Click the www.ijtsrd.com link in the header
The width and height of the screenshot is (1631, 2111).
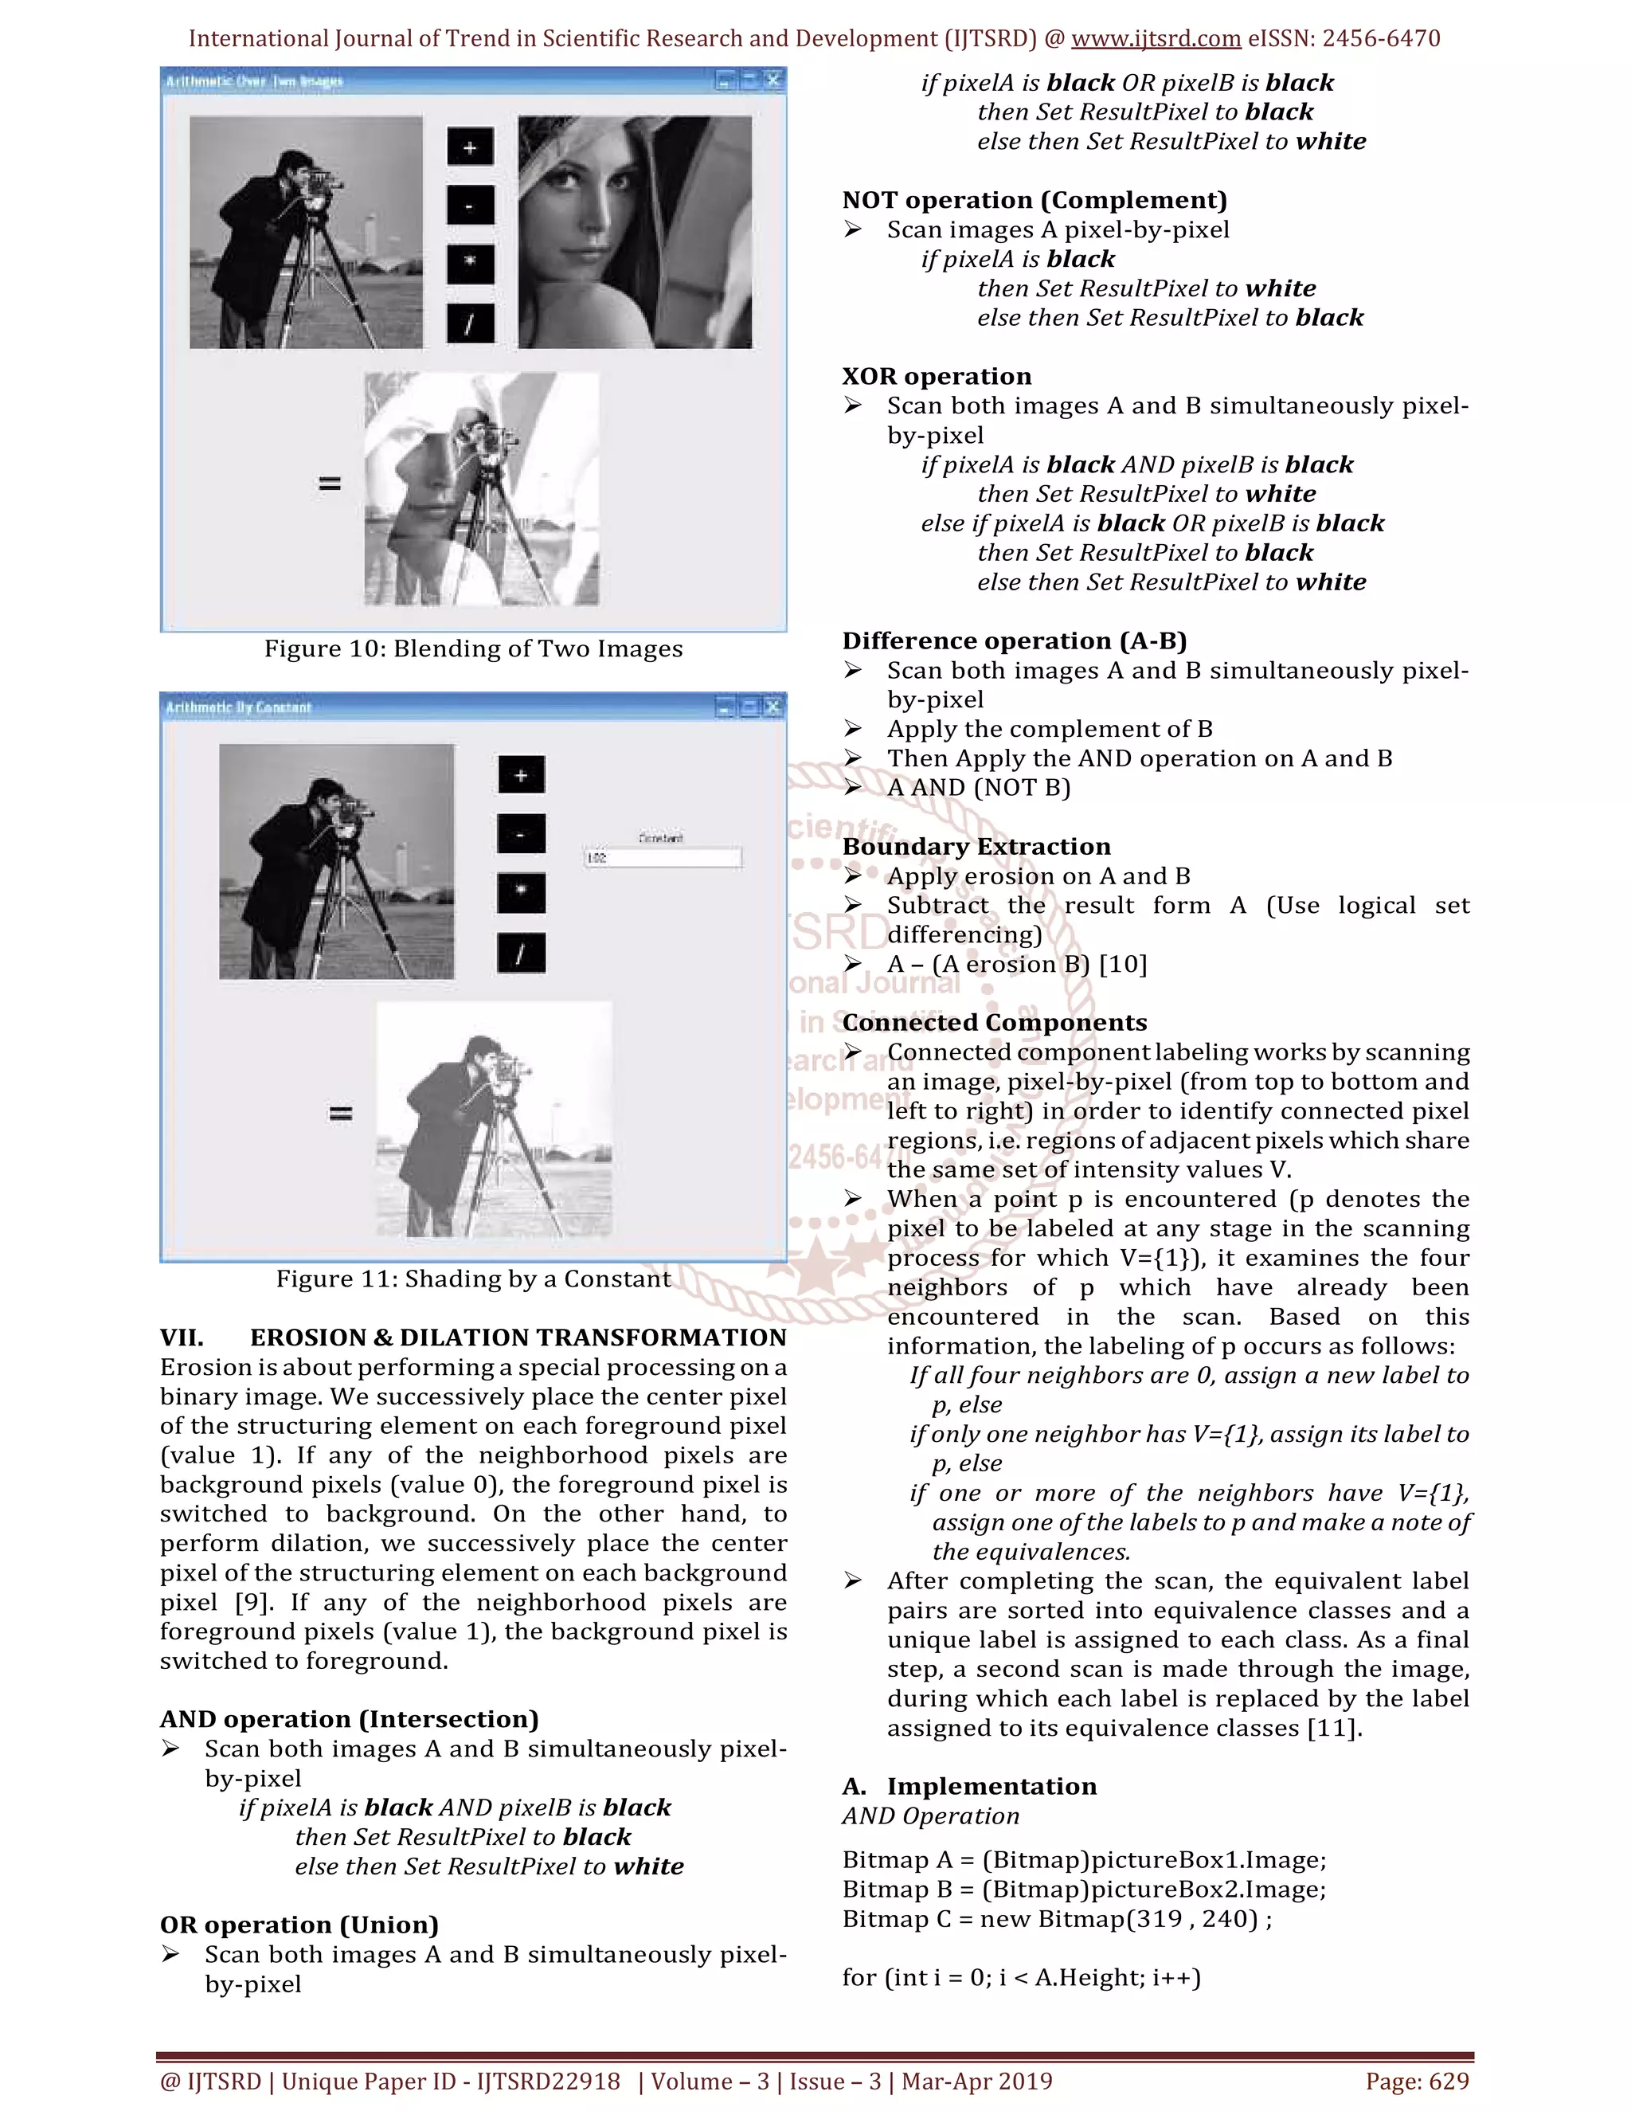pos(1156,39)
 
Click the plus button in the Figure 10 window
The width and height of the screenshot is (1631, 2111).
pos(471,147)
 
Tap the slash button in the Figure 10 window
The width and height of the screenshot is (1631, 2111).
pos(471,323)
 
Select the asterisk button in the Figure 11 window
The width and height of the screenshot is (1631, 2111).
pos(521,893)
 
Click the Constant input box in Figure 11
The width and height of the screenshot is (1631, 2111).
pos(663,857)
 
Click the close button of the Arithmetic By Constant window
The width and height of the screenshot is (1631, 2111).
pos(773,707)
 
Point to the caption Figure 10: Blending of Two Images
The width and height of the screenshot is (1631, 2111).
pos(474,648)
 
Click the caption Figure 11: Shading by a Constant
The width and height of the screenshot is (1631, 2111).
pos(474,1279)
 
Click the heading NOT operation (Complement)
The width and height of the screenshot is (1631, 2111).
pos(1034,200)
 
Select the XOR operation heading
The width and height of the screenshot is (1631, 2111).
pos(937,376)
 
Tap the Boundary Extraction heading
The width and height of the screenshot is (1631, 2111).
pos(976,847)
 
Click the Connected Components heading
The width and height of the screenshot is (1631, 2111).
pos(994,1023)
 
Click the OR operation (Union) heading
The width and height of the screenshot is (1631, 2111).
pos(299,1925)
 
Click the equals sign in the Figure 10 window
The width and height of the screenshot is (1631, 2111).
pos(330,484)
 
